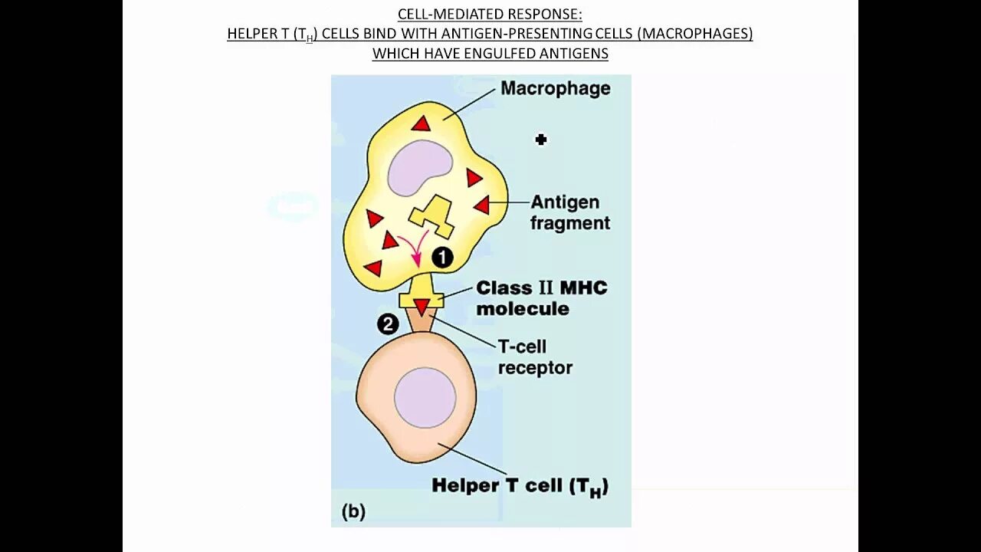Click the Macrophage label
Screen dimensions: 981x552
click(555, 88)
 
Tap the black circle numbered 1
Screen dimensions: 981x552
click(442, 258)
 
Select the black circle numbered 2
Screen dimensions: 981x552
click(388, 324)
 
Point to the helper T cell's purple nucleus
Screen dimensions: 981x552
click(425, 398)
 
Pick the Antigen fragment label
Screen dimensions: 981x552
click(569, 212)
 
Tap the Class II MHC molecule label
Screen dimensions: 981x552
click(541, 298)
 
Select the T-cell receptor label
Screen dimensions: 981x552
click(534, 357)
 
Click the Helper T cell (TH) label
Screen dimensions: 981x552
click(520, 486)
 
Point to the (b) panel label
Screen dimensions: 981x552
click(353, 511)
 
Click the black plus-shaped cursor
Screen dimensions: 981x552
click(541, 140)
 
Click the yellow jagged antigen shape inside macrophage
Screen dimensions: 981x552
click(431, 217)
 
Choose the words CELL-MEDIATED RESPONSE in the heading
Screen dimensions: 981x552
click(490, 15)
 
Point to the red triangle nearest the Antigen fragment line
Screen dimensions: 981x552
click(481, 205)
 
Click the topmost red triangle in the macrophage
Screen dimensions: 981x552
click(421, 123)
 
